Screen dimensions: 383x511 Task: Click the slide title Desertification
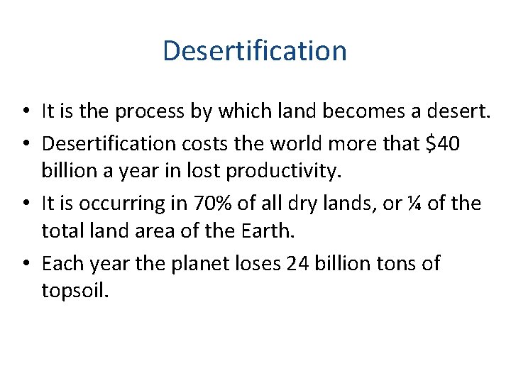(x=255, y=51)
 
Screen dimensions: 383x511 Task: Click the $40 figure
(x=441, y=144)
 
